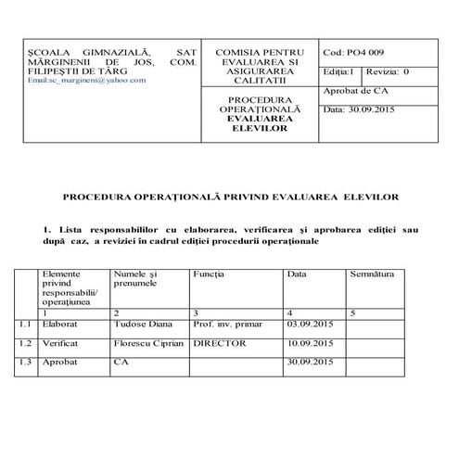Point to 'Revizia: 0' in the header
(x=388, y=71)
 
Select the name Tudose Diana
(x=137, y=325)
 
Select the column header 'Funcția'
(x=209, y=274)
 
